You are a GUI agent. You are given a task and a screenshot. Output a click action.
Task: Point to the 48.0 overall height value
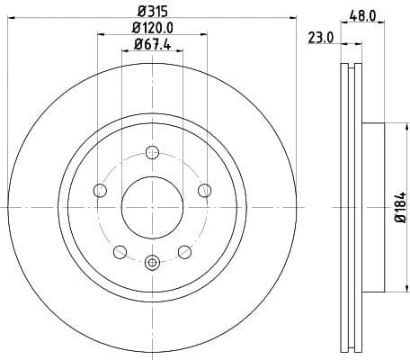click(x=362, y=14)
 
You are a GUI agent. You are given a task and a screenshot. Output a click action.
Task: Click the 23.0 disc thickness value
click(x=321, y=37)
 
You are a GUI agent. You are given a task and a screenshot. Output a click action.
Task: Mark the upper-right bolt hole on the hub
click(x=204, y=190)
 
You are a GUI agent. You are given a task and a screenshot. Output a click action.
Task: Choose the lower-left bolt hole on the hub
click(x=119, y=251)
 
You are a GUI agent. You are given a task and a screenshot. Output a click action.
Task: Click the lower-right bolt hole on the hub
click(x=184, y=251)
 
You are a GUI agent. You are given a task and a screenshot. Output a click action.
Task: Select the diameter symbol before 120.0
click(x=134, y=29)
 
